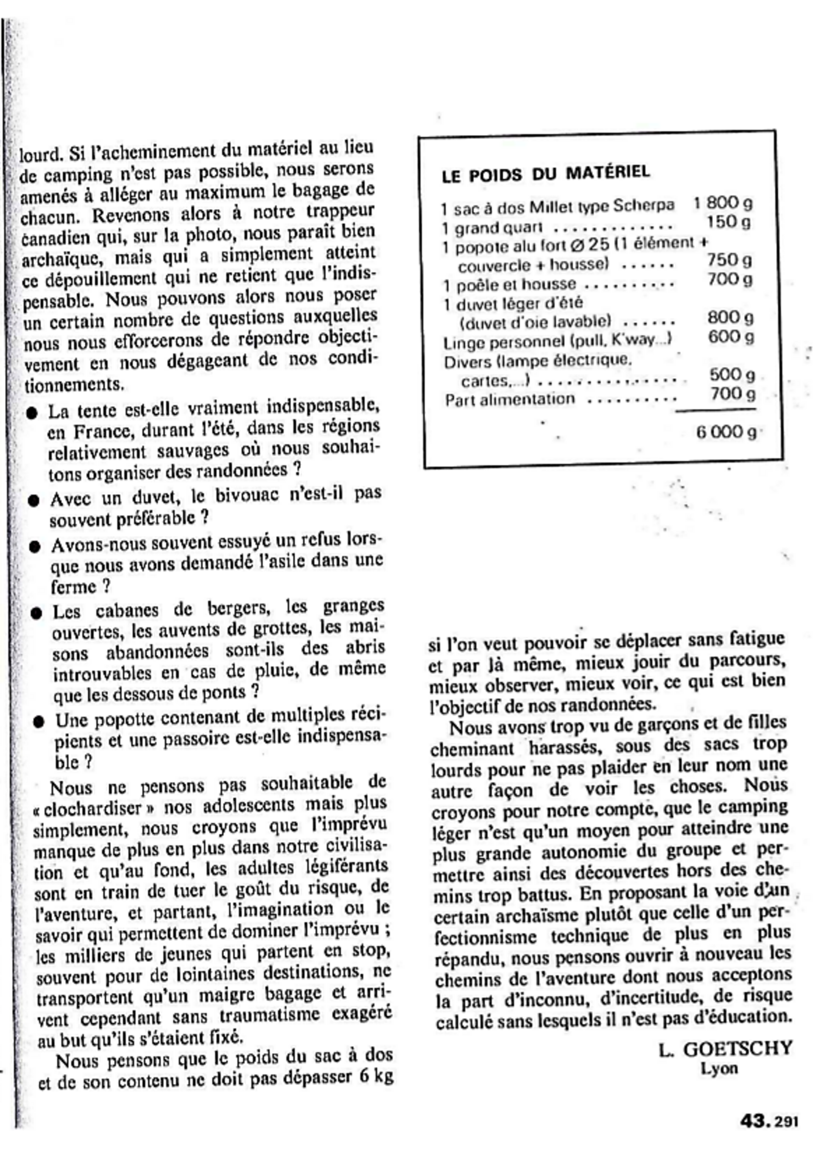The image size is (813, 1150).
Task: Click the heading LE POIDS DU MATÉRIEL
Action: tap(546, 174)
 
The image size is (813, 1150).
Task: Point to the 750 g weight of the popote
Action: tap(729, 260)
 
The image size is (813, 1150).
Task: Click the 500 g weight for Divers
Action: tap(732, 375)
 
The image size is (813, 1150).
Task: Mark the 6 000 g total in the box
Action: tap(726, 432)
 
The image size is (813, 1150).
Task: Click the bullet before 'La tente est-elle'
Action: tap(32, 414)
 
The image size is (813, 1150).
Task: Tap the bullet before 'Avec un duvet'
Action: tap(34, 501)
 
